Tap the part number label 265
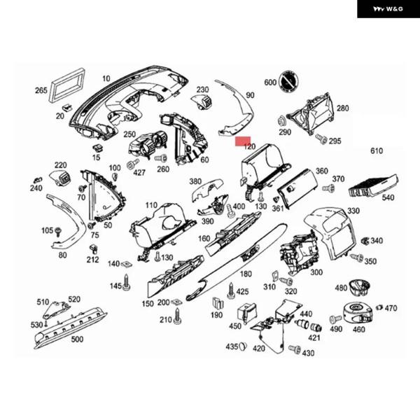coord(41,90)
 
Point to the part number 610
coord(377,151)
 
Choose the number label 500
coord(76,339)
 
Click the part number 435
coord(232,346)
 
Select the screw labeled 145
coord(127,282)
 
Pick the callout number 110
coord(151,205)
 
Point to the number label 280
coord(342,108)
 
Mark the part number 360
coord(321,171)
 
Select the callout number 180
coord(246,274)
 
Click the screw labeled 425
coord(230,288)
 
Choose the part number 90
coord(251,94)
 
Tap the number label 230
coord(202,90)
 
